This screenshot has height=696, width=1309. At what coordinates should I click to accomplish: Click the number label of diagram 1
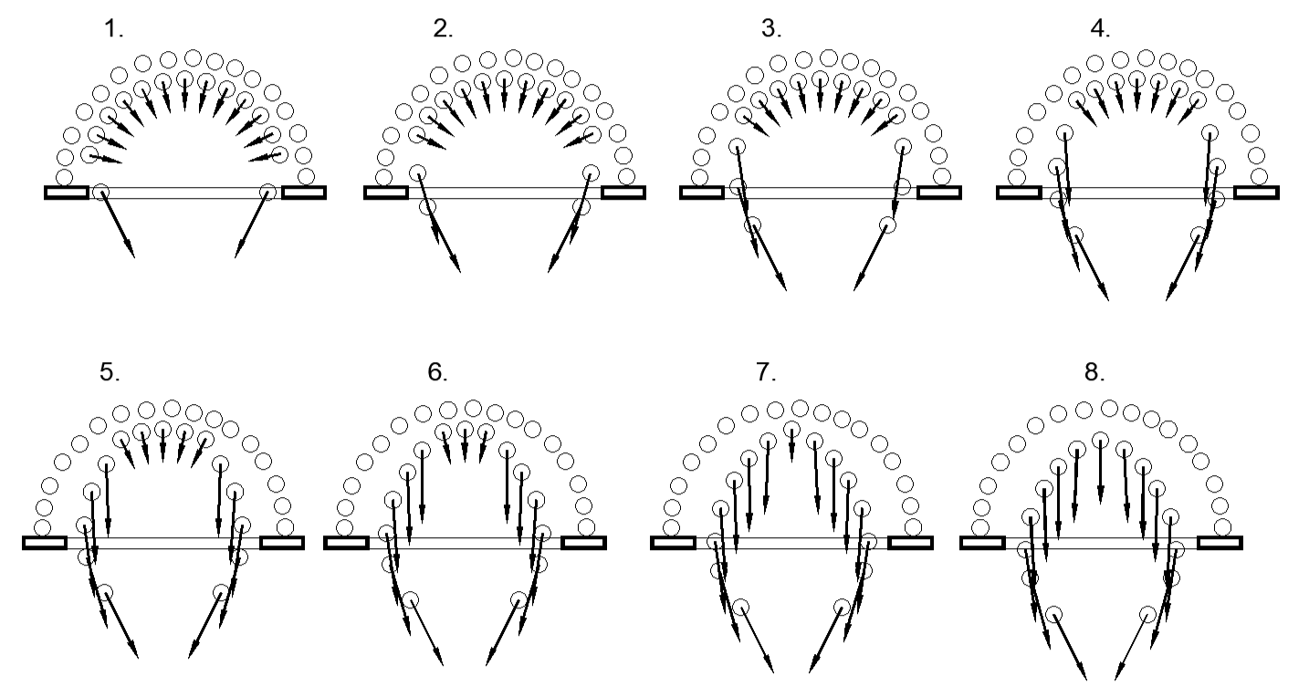click(113, 28)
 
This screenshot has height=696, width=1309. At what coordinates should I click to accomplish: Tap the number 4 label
click(1100, 28)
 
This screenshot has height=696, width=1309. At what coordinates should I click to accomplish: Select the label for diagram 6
click(437, 372)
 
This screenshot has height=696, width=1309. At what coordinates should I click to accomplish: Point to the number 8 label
click(1094, 372)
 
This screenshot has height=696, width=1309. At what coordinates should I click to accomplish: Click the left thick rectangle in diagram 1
click(67, 192)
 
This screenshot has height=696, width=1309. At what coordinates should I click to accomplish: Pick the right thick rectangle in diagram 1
click(304, 192)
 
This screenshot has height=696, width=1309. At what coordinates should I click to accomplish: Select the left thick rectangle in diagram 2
click(386, 192)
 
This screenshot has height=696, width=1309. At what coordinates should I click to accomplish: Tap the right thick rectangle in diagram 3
click(939, 192)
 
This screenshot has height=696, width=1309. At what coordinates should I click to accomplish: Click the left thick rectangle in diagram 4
click(1019, 192)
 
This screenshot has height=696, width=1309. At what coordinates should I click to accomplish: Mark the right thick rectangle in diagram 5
click(282, 543)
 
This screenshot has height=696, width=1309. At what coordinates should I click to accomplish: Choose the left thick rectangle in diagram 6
click(347, 543)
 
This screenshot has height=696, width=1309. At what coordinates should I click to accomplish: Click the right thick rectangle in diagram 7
click(910, 543)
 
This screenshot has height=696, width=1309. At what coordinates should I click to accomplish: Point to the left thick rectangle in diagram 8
click(982, 543)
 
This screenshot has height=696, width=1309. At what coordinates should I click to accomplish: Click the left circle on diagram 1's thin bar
click(101, 192)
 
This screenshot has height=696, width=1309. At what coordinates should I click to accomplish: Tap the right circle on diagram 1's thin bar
click(267, 191)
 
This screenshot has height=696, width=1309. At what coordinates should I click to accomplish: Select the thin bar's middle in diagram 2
click(505, 192)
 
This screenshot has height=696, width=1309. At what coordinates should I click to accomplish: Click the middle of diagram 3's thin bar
click(821, 192)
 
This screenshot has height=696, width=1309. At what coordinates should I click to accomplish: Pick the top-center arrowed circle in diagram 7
click(791, 429)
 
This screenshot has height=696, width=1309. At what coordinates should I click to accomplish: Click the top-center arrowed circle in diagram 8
click(1100, 440)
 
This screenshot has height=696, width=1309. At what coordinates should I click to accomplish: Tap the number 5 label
click(110, 372)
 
